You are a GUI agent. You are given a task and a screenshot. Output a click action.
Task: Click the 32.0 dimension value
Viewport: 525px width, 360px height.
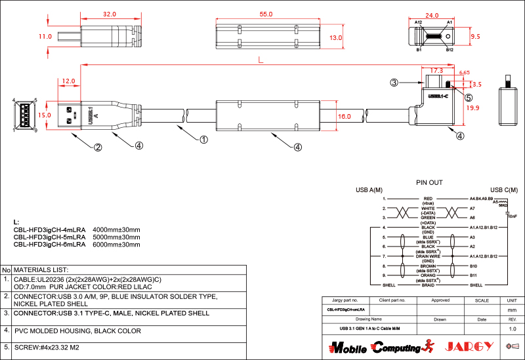pyautogui.click(x=109, y=14)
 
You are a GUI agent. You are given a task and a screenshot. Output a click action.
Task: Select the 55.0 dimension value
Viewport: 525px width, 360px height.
pyautogui.click(x=266, y=14)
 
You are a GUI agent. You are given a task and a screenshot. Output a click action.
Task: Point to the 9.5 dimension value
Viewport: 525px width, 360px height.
pyautogui.click(x=476, y=37)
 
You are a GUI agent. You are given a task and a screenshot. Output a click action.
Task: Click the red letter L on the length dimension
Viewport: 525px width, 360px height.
pyautogui.click(x=261, y=60)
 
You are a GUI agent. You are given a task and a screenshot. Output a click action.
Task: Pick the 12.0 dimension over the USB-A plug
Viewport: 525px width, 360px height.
pyautogui.click(x=68, y=81)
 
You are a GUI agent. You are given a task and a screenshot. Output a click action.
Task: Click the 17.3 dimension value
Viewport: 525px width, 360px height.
pyautogui.click(x=436, y=70)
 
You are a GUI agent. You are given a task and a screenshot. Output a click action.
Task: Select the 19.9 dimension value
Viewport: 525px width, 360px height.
pyautogui.click(x=473, y=108)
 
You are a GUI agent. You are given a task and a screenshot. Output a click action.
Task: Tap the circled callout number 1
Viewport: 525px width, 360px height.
pyautogui.click(x=204, y=140)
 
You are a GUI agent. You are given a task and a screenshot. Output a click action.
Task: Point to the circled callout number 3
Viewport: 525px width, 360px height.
pyautogui.click(x=394, y=83)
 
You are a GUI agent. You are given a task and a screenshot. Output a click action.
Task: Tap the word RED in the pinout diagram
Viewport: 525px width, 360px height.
pyautogui.click(x=428, y=198)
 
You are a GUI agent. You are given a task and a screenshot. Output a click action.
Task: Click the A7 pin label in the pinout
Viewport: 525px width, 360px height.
pyautogui.click(x=472, y=208)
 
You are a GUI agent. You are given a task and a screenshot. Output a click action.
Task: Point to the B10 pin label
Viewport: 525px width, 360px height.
pyautogui.click(x=474, y=266)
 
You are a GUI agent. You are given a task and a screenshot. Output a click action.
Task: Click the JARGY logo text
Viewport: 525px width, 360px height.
pyautogui.click(x=467, y=346)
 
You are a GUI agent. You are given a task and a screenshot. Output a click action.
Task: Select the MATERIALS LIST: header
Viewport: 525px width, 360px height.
pyautogui.click(x=41, y=270)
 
